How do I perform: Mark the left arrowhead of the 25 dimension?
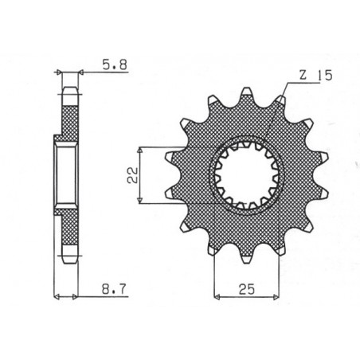click(217, 296)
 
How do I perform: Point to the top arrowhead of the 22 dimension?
click(141, 149)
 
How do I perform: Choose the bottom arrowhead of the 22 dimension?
click(141, 202)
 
